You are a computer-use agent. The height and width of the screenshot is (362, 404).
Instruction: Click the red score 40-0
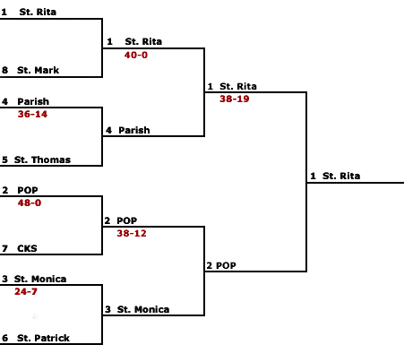click(136, 55)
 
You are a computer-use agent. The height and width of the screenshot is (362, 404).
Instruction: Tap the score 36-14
click(32, 114)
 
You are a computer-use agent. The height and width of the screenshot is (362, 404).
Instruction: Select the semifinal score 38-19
click(235, 99)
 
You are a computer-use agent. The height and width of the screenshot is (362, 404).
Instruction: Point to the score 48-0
click(30, 203)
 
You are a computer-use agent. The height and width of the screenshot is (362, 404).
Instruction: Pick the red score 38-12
click(132, 233)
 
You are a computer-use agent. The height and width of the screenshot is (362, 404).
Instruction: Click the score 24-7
click(26, 291)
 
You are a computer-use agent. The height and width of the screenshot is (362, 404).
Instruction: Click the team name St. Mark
click(38, 70)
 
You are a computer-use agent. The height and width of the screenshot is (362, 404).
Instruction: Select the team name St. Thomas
click(42, 159)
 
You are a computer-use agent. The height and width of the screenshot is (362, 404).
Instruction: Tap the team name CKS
click(27, 248)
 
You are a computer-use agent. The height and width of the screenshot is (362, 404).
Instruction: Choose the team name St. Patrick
click(43, 338)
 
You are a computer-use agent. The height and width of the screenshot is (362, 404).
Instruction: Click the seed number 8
click(4, 70)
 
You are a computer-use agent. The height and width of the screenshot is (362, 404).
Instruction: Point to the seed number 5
click(4, 159)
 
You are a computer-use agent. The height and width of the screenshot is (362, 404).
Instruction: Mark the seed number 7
click(4, 248)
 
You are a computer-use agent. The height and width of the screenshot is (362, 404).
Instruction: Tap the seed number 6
click(4, 338)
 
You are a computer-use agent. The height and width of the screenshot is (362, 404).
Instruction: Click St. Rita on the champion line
click(341, 176)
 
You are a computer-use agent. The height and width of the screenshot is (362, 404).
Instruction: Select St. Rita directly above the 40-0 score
click(143, 41)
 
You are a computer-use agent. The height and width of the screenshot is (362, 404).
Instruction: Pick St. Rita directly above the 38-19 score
click(238, 86)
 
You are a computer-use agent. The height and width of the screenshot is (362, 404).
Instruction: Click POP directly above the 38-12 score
click(127, 220)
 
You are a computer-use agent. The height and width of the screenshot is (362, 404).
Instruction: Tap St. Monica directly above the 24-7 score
click(40, 279)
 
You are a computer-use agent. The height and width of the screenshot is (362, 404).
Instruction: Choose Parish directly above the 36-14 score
click(33, 101)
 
